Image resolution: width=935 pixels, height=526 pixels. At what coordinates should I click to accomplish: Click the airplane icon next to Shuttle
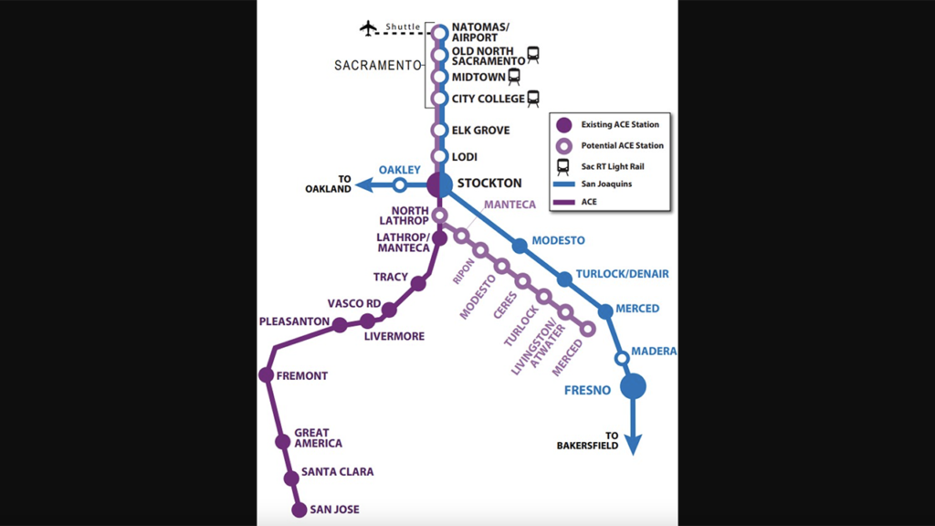click(369, 27)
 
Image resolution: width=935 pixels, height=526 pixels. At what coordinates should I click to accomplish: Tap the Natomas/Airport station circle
click(439, 33)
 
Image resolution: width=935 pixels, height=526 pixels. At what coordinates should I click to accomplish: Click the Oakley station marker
click(399, 185)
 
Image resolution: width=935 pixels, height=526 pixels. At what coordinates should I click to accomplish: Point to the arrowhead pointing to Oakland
click(363, 185)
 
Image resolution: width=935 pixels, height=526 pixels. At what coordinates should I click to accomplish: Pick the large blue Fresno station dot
click(633, 386)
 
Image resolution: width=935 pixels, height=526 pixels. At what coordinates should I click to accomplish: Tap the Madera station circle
click(622, 358)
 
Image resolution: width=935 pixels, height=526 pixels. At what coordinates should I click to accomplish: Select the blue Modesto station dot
click(520, 245)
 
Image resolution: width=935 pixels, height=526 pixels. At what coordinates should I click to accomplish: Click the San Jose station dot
click(299, 510)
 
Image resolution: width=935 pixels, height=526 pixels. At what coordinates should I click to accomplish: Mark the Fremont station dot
click(266, 374)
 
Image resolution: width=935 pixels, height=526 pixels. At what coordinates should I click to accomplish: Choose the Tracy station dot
click(418, 284)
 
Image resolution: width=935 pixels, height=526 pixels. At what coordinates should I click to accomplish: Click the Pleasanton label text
click(293, 322)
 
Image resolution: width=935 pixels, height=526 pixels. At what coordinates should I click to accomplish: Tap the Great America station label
click(318, 438)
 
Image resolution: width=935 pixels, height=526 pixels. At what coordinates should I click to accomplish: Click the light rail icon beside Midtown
click(514, 77)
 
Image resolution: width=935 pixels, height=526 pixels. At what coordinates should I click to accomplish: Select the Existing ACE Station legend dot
click(564, 125)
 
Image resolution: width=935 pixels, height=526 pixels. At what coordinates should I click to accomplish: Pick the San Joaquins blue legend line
click(564, 184)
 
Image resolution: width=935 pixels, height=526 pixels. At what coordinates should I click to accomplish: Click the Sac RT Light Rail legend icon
click(564, 166)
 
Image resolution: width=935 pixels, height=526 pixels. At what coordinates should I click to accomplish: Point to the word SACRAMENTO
click(376, 66)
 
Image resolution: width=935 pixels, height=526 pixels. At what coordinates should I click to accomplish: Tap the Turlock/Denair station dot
click(564, 279)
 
